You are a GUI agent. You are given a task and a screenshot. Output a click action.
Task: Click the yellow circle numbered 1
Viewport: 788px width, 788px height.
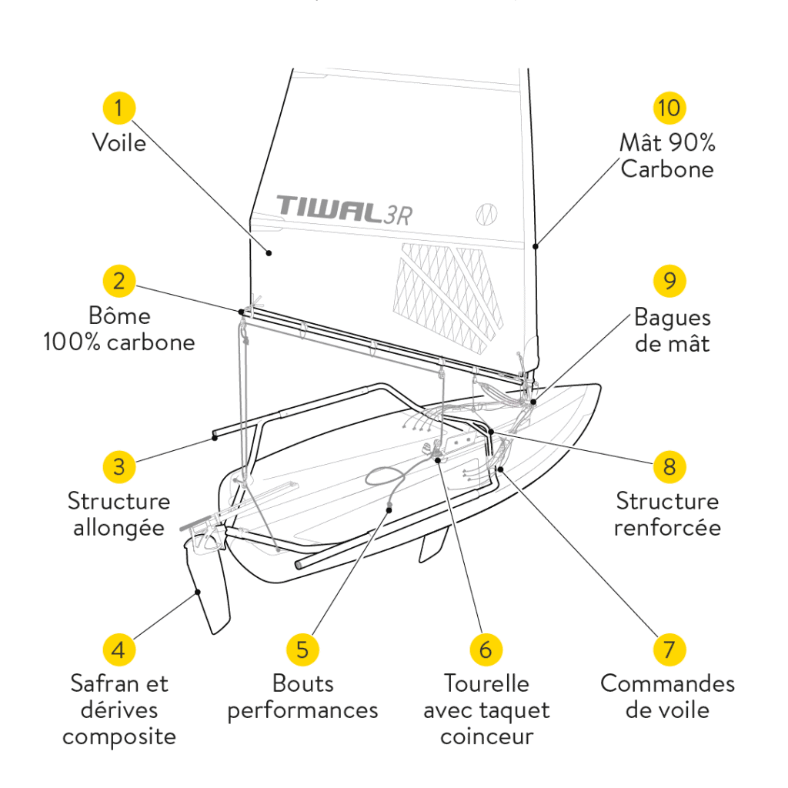tap(119, 108)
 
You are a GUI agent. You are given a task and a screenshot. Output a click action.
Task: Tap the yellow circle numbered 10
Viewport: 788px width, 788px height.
tap(669, 108)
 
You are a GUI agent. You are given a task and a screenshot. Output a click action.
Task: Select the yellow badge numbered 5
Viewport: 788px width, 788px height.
tap(302, 649)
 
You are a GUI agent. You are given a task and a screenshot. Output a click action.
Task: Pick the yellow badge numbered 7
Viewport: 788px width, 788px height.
tap(669, 649)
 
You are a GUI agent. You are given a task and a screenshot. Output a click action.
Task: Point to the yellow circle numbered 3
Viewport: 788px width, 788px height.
tap(119, 466)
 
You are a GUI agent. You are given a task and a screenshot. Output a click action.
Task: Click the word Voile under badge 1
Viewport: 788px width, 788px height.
tap(119, 142)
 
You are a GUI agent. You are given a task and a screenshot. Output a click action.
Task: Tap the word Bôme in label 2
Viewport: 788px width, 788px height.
tap(119, 316)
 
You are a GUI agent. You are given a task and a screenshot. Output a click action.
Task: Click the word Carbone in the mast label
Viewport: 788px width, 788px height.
tap(667, 169)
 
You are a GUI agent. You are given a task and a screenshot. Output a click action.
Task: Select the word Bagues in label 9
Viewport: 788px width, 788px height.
tap(672, 317)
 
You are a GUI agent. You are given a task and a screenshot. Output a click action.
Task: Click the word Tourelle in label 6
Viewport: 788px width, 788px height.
tap(486, 683)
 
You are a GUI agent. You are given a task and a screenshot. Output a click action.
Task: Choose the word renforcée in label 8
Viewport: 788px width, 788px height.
tap(667, 528)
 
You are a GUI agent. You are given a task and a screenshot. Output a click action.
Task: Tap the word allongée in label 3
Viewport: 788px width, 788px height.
tap(119, 529)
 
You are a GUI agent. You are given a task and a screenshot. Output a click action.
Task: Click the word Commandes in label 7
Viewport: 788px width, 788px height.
tap(667, 683)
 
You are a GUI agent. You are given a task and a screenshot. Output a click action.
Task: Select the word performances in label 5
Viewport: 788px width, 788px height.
tap(302, 710)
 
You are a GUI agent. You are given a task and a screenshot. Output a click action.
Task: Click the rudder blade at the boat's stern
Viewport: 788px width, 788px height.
tap(212, 593)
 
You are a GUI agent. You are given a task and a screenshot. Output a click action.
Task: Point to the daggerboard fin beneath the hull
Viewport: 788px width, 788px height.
tap(432, 546)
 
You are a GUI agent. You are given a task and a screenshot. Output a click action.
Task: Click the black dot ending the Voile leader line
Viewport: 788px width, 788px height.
tap(269, 252)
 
